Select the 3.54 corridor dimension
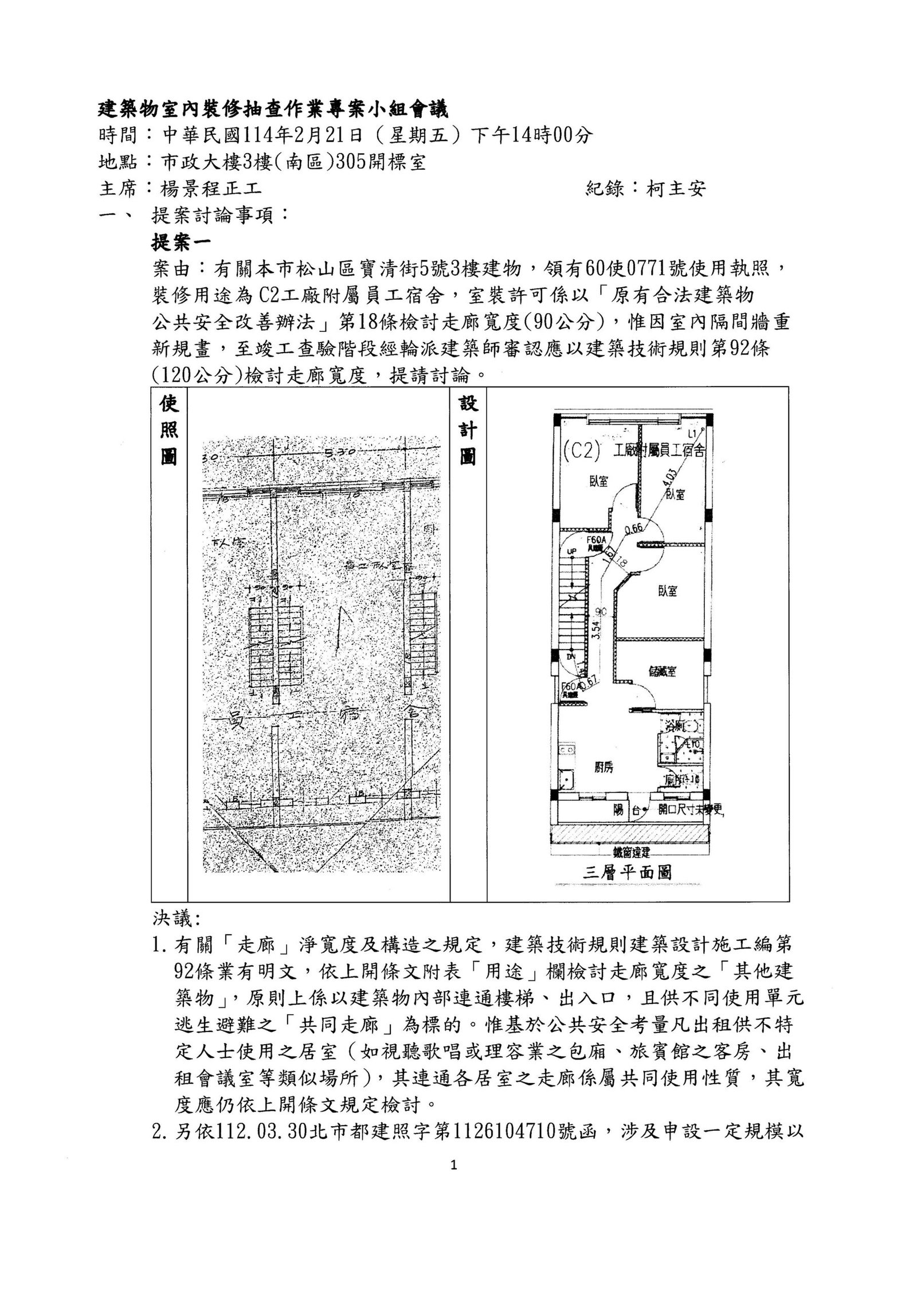click(597, 630)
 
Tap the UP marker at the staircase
click(571, 551)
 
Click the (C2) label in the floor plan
click(581, 453)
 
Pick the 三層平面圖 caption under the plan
click(627, 872)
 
